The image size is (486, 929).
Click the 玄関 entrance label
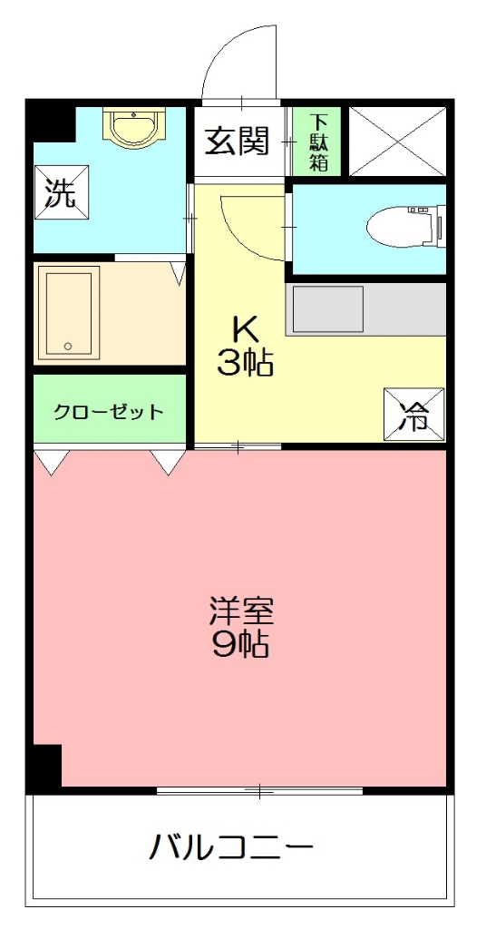click(238, 142)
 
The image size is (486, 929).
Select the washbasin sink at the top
click(132, 126)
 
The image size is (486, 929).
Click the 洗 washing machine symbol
click(62, 193)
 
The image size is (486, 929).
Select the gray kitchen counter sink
click(326, 309)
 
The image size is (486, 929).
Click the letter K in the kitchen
click(244, 327)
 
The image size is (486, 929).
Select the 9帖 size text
click(240, 645)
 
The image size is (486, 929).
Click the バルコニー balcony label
click(232, 849)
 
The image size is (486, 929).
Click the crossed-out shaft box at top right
click(397, 142)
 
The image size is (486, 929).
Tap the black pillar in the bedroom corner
click(44, 766)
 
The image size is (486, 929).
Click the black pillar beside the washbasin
click(50, 119)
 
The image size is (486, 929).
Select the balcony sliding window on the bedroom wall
click(259, 791)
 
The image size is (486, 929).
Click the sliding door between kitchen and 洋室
click(238, 446)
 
